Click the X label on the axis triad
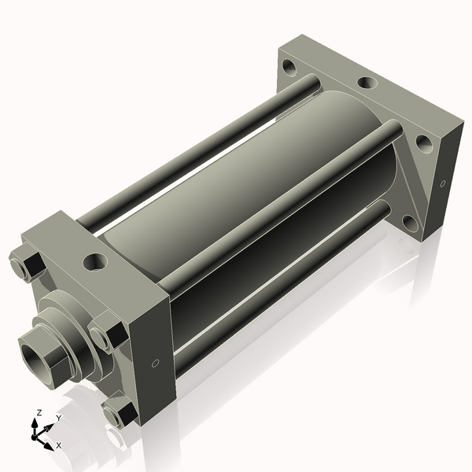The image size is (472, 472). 58,445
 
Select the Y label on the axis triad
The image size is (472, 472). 58,418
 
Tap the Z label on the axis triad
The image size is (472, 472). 39,412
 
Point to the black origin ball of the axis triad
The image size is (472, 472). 36,433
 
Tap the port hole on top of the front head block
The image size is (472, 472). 96,260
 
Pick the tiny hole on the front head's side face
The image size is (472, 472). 154,363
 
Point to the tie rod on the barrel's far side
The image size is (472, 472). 197,149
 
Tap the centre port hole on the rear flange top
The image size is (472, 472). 366,82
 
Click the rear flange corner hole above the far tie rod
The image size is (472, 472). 290,68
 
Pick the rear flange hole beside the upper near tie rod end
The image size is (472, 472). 423,143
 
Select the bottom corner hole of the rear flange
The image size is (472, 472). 410,222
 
